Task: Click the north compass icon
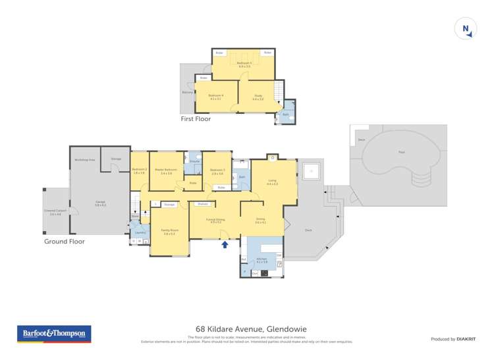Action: pyautogui.click(x=466, y=28)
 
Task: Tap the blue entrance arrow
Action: pyautogui.click(x=225, y=245)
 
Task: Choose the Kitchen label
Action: pyautogui.click(x=262, y=261)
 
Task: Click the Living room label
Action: pyautogui.click(x=272, y=182)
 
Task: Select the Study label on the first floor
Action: pyautogui.click(x=258, y=97)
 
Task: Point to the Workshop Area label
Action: pyautogui.click(x=85, y=160)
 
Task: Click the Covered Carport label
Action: pyautogui.click(x=53, y=212)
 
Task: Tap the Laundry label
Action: pyautogui.click(x=140, y=232)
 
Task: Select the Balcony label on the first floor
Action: pyautogui.click(x=188, y=92)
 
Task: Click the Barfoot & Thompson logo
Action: pyautogui.click(x=54, y=334)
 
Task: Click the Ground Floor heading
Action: pyautogui.click(x=65, y=242)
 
